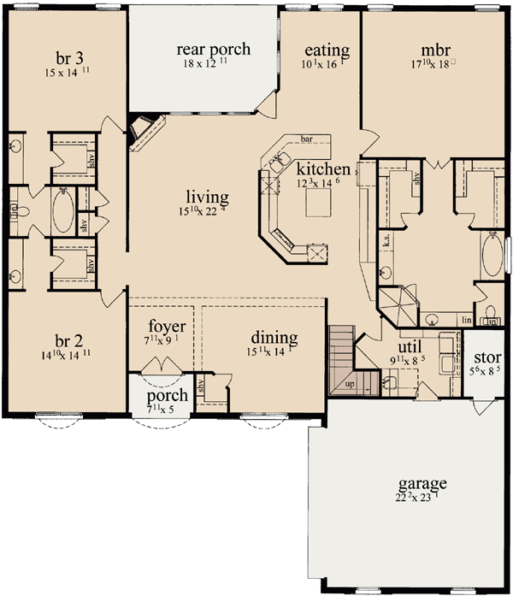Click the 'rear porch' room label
coord(214,49)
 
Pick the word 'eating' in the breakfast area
coord(327,51)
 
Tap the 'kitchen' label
coord(317,168)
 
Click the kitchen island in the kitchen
coord(314,203)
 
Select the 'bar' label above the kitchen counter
coord(306,137)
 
